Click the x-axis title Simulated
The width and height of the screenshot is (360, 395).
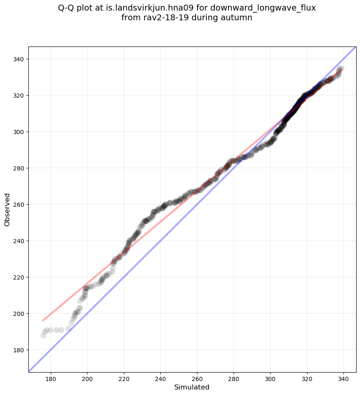192,387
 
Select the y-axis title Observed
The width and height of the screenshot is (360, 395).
8,210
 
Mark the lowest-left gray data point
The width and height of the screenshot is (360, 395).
43,335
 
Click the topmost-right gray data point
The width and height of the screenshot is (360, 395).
341,68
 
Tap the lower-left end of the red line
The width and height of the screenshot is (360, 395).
43,321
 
